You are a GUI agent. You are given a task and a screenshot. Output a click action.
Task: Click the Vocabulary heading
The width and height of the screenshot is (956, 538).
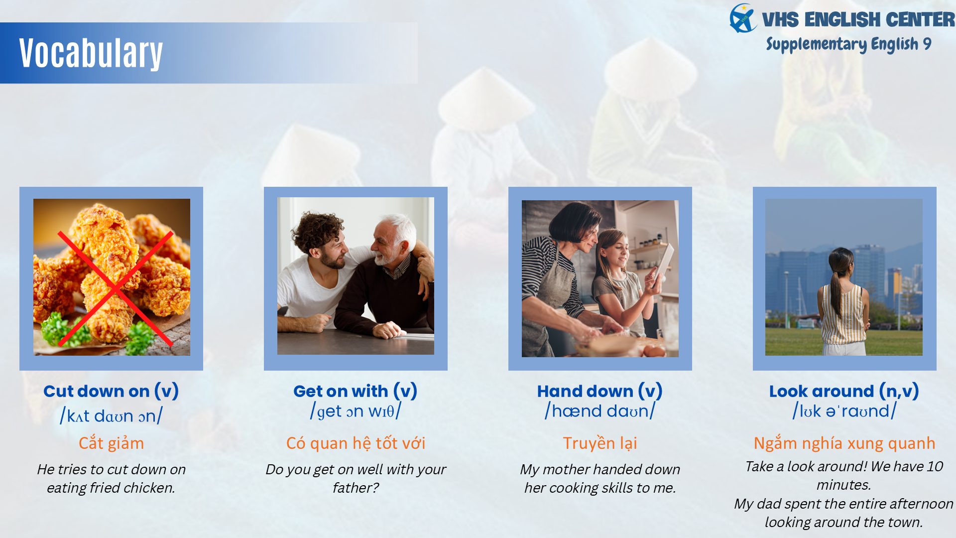(91, 53)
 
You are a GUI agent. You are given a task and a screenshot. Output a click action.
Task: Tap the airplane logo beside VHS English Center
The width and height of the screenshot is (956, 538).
(743, 18)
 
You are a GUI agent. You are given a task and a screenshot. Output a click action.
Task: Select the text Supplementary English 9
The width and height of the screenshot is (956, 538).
(848, 44)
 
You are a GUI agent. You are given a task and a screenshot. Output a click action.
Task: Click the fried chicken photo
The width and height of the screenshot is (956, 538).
(112, 277)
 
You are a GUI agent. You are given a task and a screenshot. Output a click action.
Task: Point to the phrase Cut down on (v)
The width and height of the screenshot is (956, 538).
(111, 392)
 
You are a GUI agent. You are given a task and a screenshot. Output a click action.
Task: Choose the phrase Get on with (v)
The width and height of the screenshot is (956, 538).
(356, 392)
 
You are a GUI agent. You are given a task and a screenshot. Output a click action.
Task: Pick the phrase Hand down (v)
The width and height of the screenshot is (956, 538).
(600, 392)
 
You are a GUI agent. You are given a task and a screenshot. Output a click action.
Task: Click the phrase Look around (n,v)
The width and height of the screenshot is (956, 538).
(844, 392)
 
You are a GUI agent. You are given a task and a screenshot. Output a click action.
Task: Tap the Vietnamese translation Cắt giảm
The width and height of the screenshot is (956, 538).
(111, 443)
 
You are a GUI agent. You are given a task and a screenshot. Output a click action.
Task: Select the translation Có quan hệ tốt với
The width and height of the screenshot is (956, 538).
(356, 443)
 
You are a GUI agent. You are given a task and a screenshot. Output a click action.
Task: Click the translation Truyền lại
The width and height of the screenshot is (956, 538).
(600, 443)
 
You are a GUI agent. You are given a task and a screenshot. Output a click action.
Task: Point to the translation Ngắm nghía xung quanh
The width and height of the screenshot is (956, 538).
(844, 443)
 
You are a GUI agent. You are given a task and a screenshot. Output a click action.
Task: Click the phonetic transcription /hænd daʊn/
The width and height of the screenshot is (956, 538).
(600, 411)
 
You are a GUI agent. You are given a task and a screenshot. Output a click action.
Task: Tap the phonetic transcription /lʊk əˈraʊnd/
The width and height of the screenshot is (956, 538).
(844, 411)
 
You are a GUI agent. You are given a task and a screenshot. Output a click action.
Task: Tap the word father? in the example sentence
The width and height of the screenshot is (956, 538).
(356, 488)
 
